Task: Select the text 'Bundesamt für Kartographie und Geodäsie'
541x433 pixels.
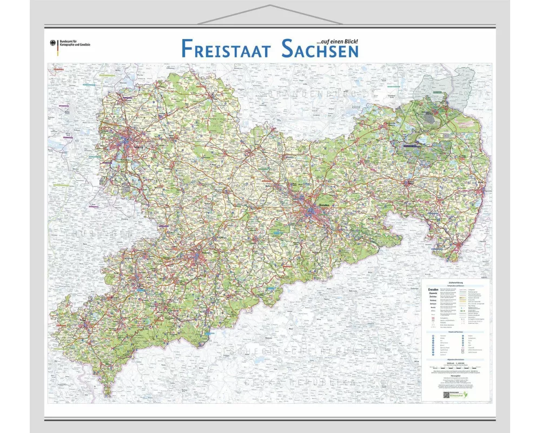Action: click(75, 44)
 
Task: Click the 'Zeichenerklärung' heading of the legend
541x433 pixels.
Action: click(456, 282)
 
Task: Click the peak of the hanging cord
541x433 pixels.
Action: click(270, 6)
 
